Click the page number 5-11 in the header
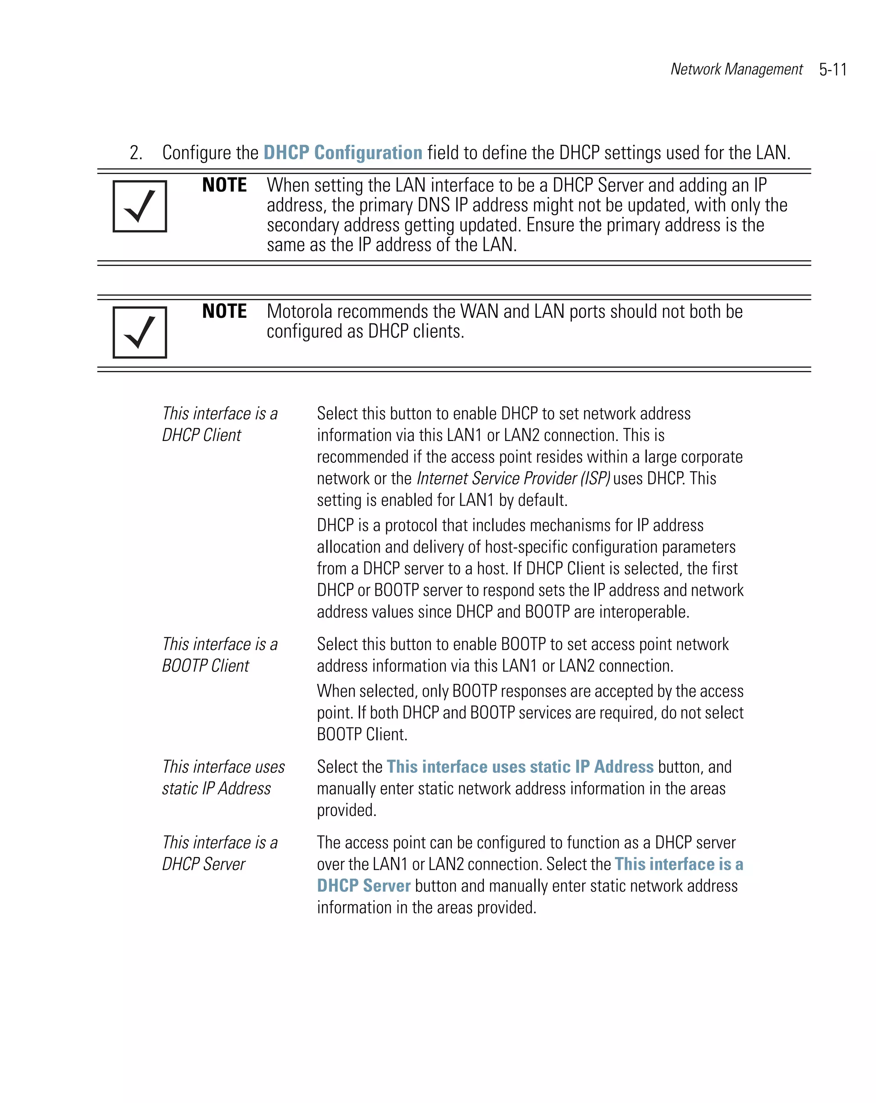click(832, 70)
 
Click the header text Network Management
click(736, 69)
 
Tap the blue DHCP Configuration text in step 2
click(342, 152)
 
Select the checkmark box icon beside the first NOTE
click(140, 206)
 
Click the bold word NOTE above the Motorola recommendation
click(224, 311)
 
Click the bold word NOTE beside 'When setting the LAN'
click(224, 185)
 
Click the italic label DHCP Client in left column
click(201, 435)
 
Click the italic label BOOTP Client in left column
click(205, 665)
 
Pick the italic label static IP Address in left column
click(216, 788)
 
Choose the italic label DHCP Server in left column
click(203, 864)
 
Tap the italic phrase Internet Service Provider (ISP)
click(513, 478)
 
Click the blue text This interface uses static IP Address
click(520, 766)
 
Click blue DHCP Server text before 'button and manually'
click(363, 886)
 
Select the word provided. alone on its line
click(346, 810)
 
